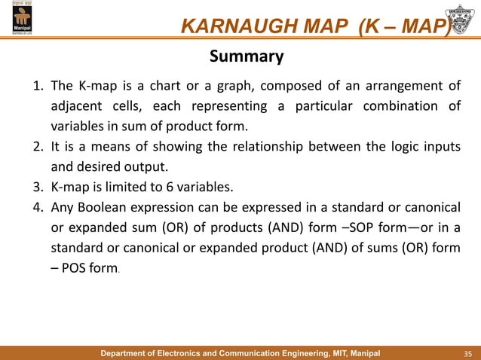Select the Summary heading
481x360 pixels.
pyautogui.click(x=246, y=56)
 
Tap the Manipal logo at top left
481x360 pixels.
pyautogui.click(x=17, y=20)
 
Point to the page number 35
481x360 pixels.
pyautogui.click(x=467, y=352)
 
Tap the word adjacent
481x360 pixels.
pyautogui.click(x=74, y=105)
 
